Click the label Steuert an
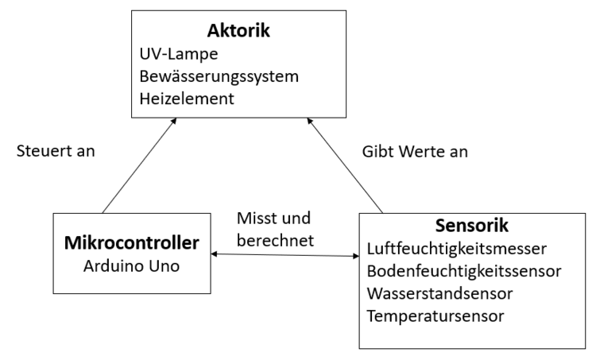point(56,150)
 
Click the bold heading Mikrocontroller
point(131,242)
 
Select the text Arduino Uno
point(131,264)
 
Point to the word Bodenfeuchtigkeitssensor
point(464,272)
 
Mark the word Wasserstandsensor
point(439,293)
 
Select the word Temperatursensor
point(435,315)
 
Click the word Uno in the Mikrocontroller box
point(160,264)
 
